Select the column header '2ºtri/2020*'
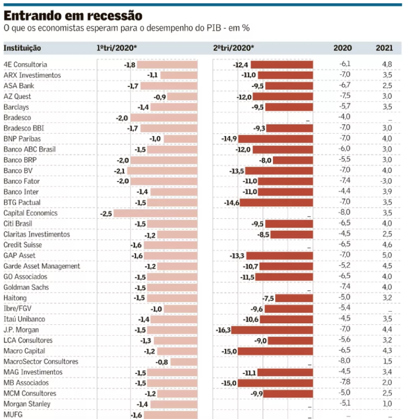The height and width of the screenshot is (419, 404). pyautogui.click(x=233, y=48)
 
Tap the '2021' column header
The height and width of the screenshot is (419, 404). pyautogui.click(x=384, y=48)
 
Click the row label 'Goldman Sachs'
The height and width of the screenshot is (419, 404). pyautogui.click(x=26, y=287)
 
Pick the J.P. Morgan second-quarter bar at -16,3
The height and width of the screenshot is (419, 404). pyautogui.click(x=272, y=330)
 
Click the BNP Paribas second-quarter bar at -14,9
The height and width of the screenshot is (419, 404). pyautogui.click(x=276, y=139)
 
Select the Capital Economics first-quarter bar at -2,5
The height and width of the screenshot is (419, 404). pyautogui.click(x=155, y=213)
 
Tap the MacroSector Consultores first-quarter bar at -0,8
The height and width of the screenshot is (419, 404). pyautogui.click(x=183, y=362)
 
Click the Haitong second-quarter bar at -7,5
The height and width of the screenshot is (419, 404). pyautogui.click(x=294, y=298)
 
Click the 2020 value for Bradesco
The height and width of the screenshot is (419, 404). pyautogui.click(x=345, y=117)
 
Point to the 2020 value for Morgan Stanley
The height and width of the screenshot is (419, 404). pyautogui.click(x=345, y=404)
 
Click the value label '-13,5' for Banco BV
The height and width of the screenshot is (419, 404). pyautogui.click(x=237, y=171)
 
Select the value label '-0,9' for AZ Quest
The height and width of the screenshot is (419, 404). pyautogui.click(x=160, y=96)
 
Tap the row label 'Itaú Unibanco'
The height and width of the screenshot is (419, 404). pyautogui.click(x=24, y=319)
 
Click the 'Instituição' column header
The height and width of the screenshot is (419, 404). pyautogui.click(x=22, y=48)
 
